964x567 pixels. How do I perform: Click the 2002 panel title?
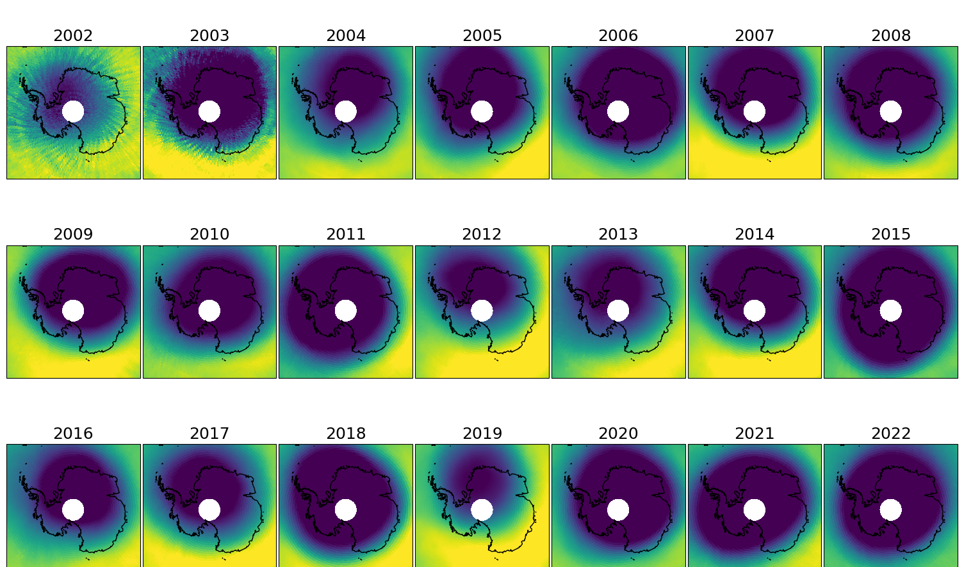point(73,36)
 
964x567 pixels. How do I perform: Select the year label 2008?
point(890,36)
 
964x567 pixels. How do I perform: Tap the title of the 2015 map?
point(890,234)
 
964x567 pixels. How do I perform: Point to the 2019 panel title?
point(482,434)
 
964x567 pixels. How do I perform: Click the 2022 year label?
point(890,434)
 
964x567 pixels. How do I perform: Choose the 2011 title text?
point(345,234)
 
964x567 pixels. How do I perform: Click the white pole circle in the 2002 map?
point(73,111)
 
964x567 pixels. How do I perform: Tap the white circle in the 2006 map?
point(618,111)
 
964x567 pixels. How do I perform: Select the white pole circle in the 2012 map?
point(482,311)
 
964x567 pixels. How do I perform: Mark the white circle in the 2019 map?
point(482,510)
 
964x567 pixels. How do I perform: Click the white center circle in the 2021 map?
point(755,510)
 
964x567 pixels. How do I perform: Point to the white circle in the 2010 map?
point(209,311)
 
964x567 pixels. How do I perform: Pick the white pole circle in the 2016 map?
point(73,510)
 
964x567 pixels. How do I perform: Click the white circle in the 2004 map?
point(345,111)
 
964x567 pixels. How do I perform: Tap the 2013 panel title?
point(618,234)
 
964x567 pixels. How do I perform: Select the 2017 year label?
point(209,434)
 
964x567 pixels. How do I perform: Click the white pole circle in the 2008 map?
point(890,111)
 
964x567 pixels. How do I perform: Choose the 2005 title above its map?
point(482,36)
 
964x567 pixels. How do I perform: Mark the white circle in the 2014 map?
point(755,311)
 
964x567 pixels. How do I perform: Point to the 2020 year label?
point(618,434)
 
